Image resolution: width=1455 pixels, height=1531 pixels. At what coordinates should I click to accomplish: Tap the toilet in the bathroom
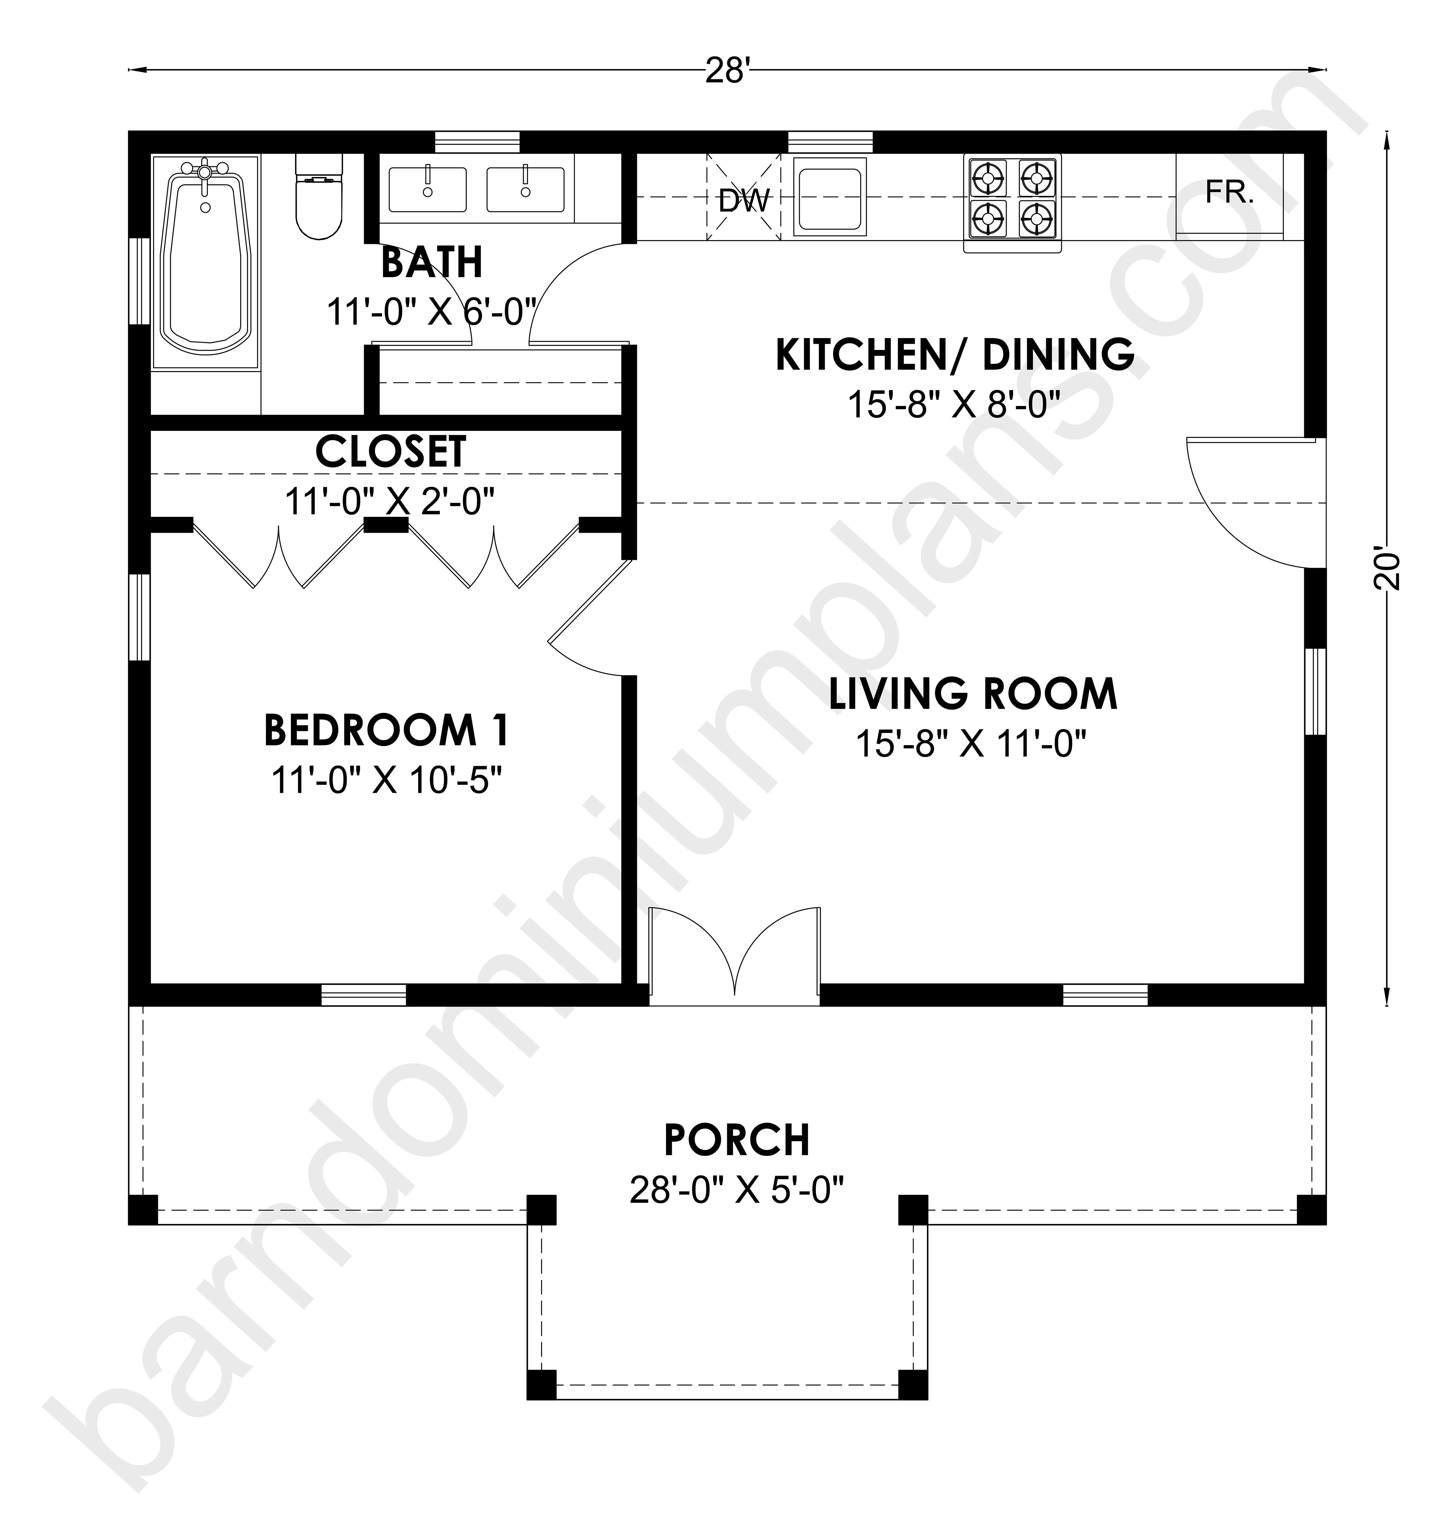(x=319, y=196)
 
